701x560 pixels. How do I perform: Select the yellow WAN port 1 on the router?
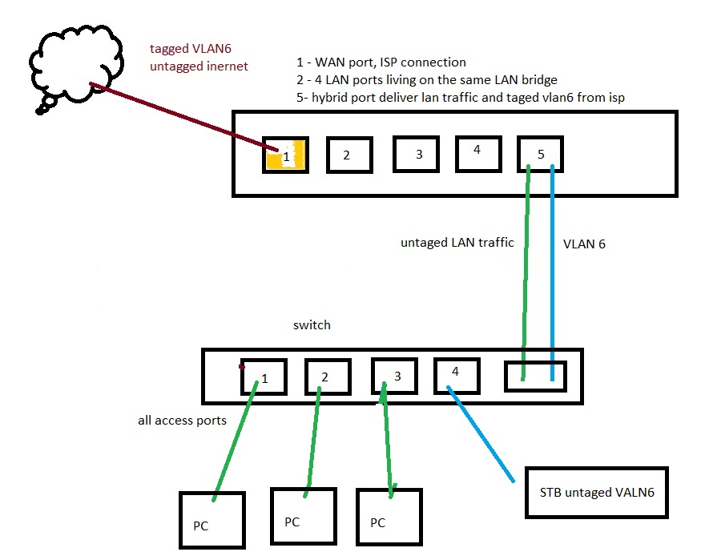pos(285,155)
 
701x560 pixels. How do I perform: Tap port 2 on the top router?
pos(349,155)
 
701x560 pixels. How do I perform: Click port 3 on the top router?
pos(417,152)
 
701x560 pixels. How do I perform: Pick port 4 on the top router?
pos(478,151)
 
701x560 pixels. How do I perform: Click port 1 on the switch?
pos(264,376)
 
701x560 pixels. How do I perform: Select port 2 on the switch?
pos(328,376)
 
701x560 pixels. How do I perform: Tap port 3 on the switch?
pos(394,376)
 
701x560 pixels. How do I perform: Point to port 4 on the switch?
pos(457,374)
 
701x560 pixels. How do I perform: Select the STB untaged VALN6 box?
pos(596,492)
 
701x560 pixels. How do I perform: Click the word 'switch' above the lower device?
pos(312,325)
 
